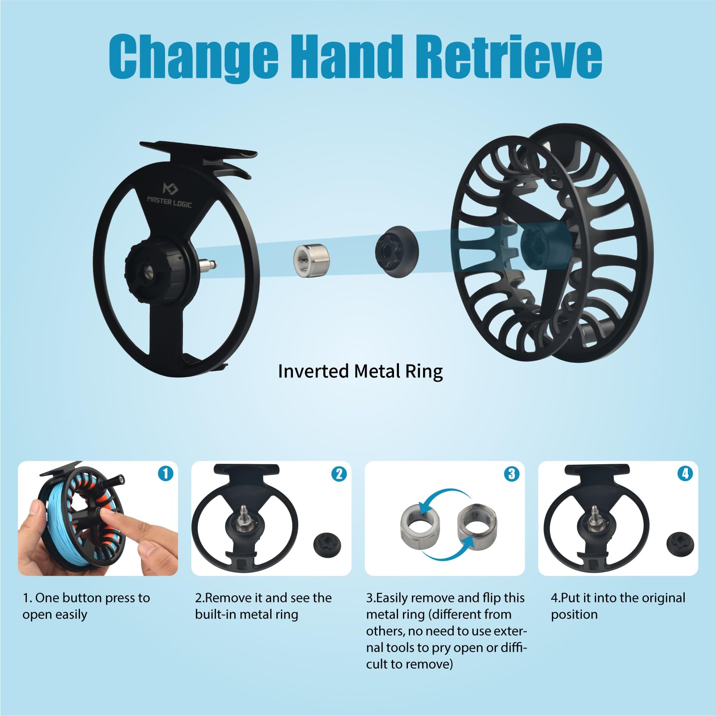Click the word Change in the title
point(193,57)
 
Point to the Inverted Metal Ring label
point(360,371)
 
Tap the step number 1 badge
point(165,474)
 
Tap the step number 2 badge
point(339,474)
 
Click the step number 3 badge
point(512,474)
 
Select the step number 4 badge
point(685,474)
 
